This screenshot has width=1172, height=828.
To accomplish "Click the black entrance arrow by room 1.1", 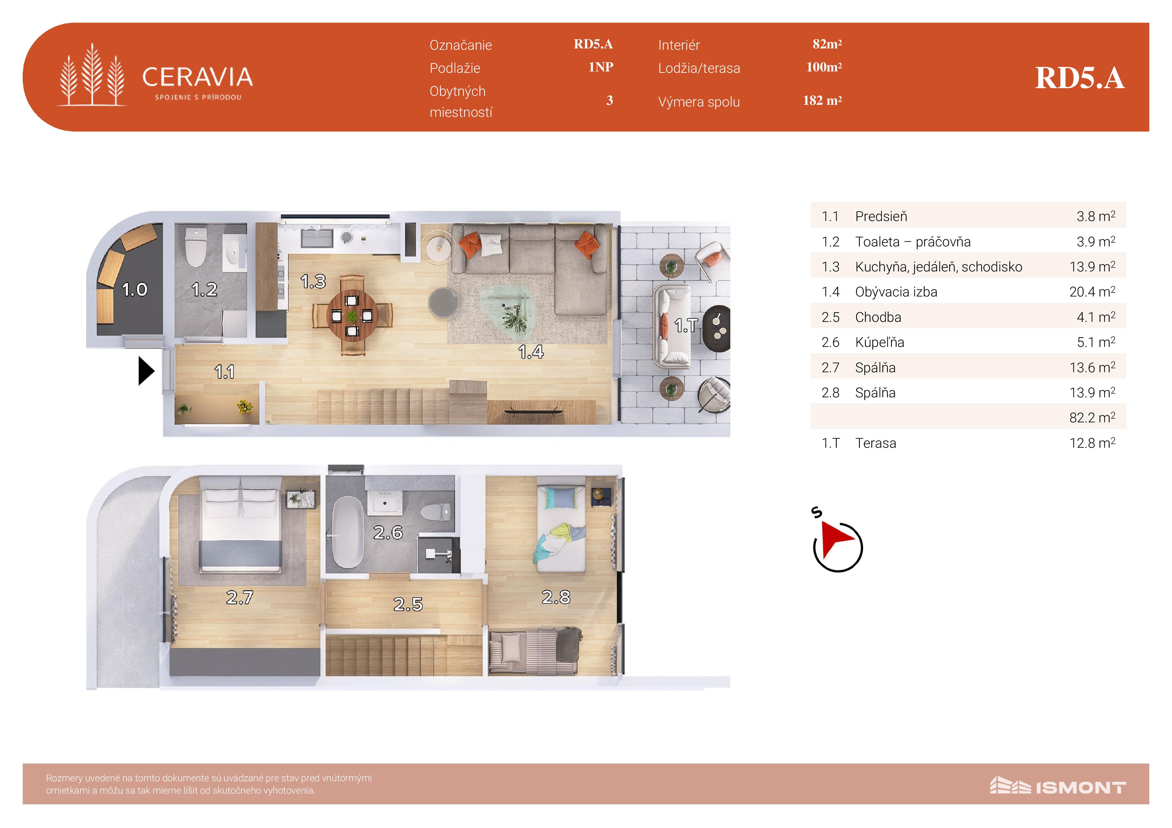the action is point(146,371).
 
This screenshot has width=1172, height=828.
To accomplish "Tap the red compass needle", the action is point(837,540).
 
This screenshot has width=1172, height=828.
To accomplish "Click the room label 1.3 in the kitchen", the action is point(313,281).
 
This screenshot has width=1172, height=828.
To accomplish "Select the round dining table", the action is point(352,316).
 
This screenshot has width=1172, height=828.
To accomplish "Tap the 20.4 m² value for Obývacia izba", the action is point(1092,291).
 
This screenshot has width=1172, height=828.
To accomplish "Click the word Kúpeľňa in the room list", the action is point(880,342).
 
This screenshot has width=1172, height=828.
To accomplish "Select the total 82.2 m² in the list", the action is point(1092,417).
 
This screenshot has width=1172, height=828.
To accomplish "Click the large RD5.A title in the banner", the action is point(1079,78).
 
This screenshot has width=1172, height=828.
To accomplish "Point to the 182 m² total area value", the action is point(822,100).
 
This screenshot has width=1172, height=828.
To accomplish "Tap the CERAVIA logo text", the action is point(197,77).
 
